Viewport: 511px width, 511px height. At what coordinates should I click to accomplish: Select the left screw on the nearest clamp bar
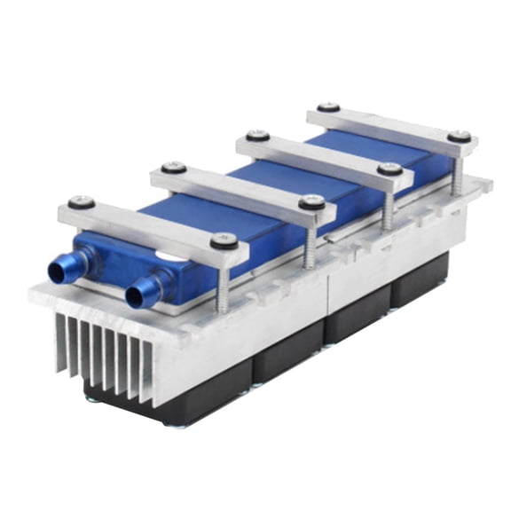82,202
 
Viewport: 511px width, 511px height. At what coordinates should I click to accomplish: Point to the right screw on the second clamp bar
311,202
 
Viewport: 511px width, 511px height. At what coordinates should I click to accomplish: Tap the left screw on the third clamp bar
257,136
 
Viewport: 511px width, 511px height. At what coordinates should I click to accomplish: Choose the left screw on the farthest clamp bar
328,107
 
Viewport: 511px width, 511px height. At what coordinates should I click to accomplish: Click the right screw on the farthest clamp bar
459,137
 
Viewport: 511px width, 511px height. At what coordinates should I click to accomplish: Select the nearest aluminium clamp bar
151,227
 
